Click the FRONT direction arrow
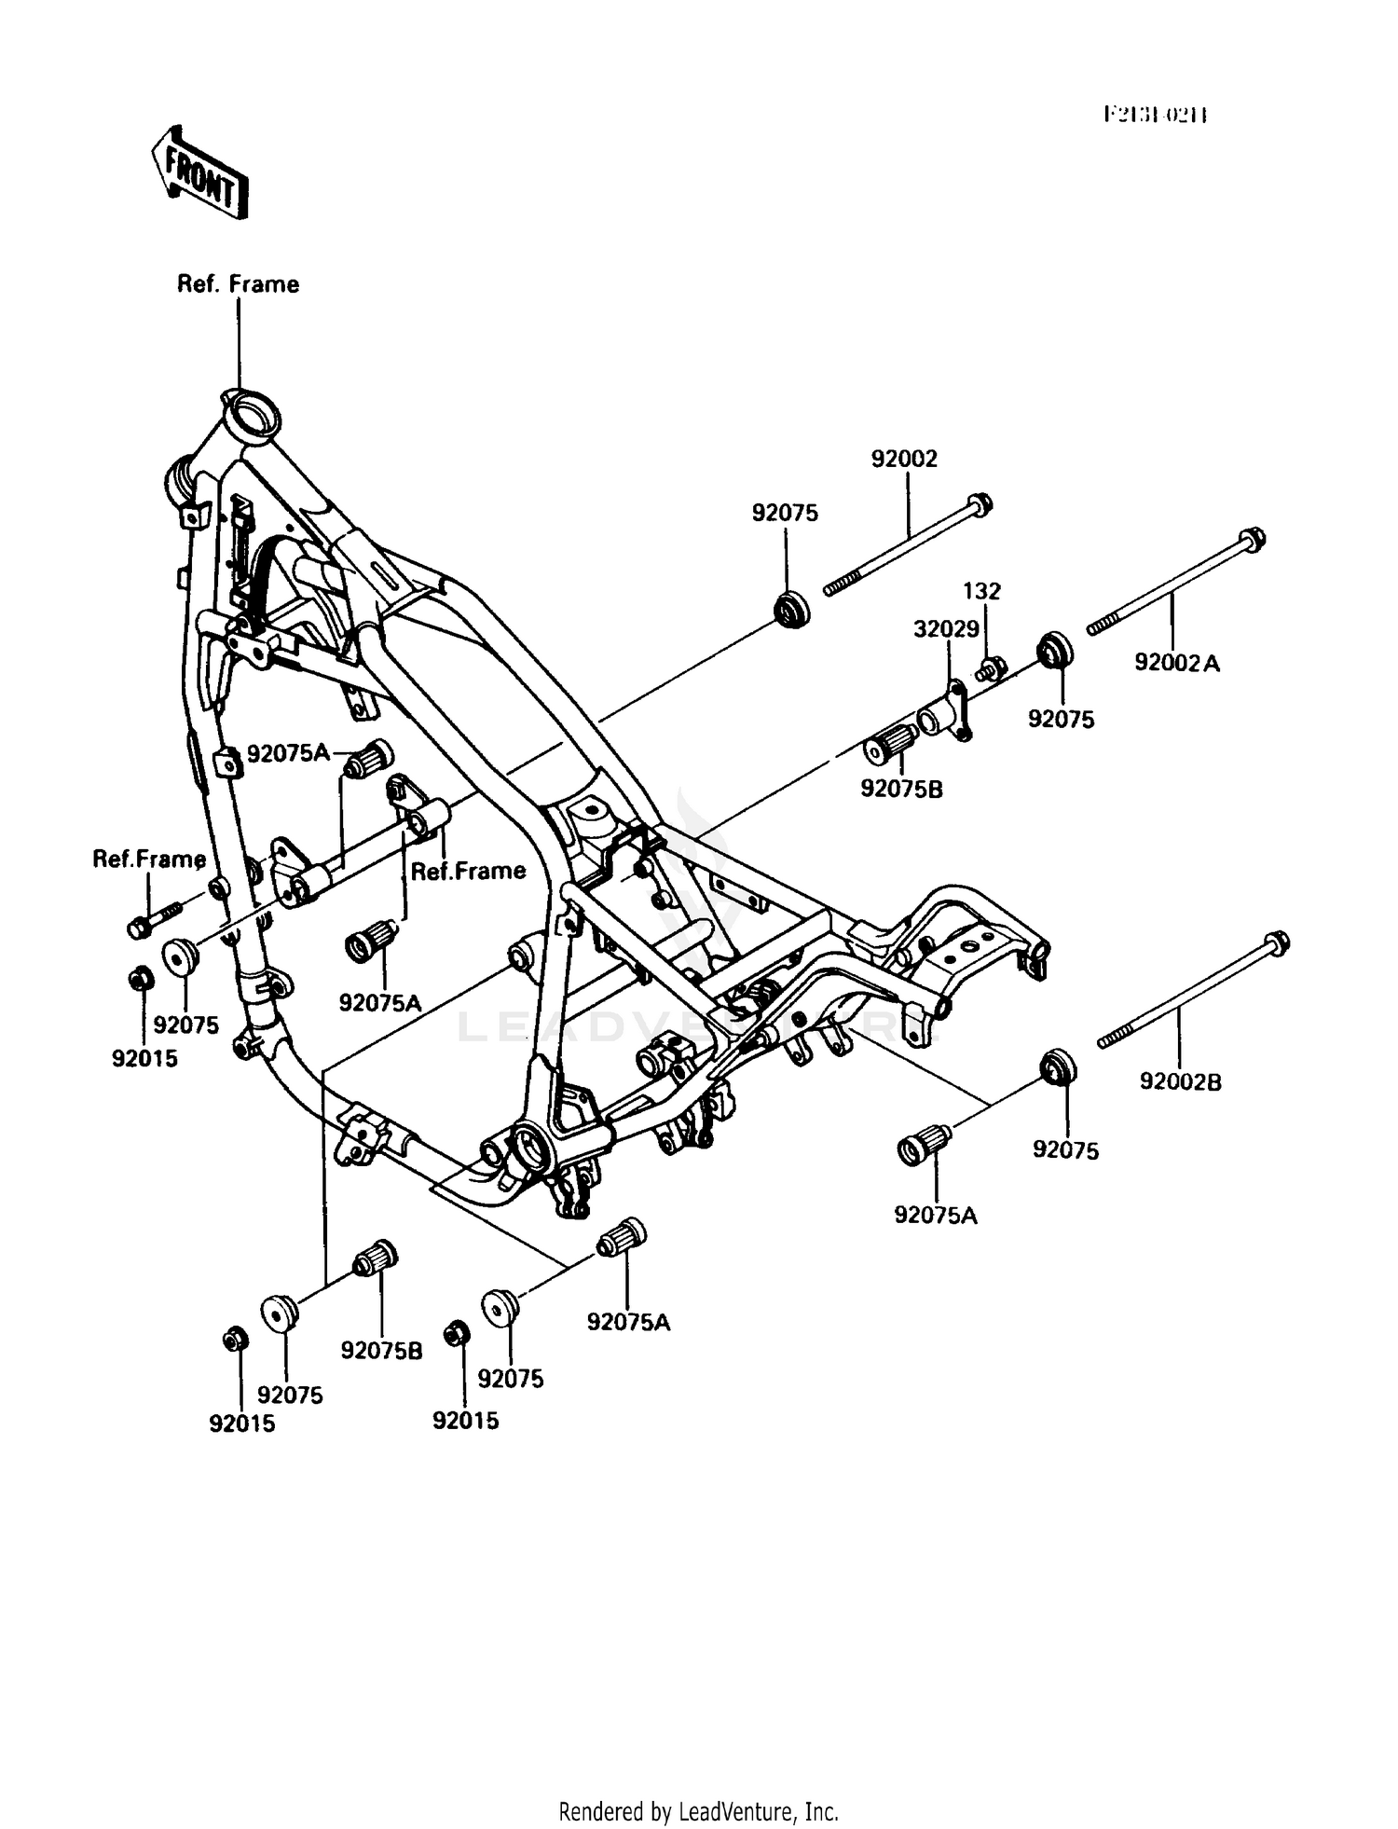click(199, 172)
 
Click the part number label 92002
click(904, 459)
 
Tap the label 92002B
click(1180, 1081)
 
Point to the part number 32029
click(946, 628)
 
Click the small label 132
click(981, 591)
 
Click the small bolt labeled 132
click(991, 667)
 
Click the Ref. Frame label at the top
click(238, 284)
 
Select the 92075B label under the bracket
click(901, 790)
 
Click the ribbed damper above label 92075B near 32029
click(890, 744)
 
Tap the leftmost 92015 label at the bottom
click(241, 1423)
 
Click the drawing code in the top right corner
click(1156, 115)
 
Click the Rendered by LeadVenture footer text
click(698, 1811)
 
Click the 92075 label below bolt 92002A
click(1061, 719)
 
